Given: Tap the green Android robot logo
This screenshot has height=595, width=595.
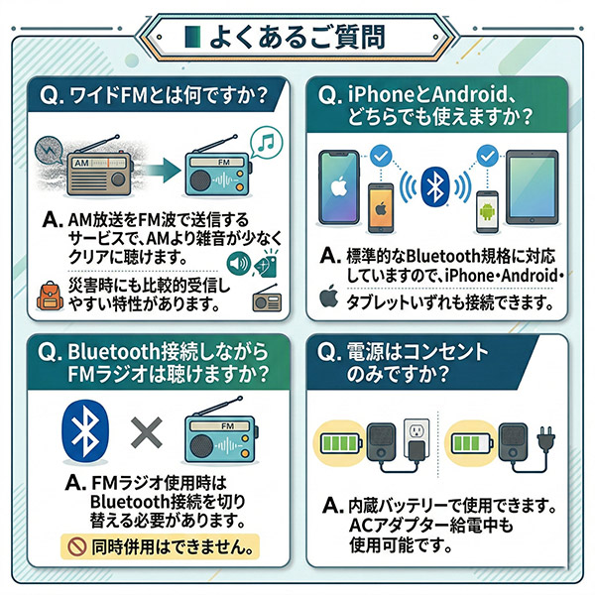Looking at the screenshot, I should pos(487,211).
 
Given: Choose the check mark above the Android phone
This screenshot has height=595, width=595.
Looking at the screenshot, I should pos(486,156).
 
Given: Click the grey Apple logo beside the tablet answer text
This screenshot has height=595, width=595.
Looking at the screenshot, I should pos(327,297).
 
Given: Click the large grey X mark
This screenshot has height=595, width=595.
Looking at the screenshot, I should pos(146,430).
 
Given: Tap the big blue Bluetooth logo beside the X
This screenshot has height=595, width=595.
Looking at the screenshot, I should pos(86,432).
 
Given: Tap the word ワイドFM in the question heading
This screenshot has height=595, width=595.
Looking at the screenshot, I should pos(105,97).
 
